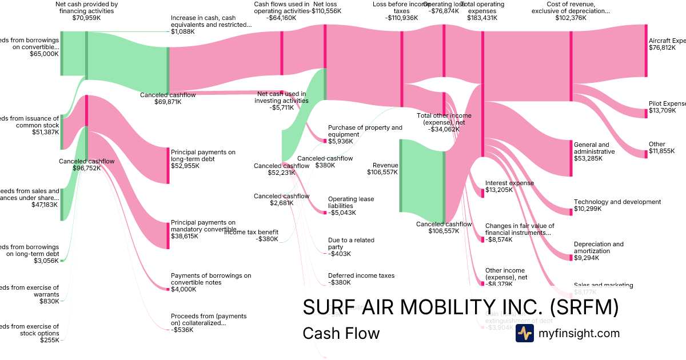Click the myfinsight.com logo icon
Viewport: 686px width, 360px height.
pos(524,333)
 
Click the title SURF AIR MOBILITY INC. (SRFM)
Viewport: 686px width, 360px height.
pos(460,307)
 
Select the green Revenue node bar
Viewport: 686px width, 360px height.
pos(401,175)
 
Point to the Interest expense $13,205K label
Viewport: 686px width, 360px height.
pos(509,187)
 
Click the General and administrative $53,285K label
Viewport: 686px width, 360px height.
pos(595,151)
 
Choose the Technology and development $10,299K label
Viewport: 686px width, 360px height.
pos(617,206)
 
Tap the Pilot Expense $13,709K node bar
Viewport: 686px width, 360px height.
pos(646,109)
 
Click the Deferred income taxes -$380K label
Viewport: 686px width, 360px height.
pos(361,279)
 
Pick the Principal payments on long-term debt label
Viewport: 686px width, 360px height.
pos(203,159)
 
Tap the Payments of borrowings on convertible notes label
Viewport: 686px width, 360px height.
pos(210,282)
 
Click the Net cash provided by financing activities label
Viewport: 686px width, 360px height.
pos(86,10)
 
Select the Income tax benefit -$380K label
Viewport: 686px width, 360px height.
pos(251,235)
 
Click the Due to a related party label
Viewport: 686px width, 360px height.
pos(351,247)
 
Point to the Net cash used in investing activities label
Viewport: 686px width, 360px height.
pos(281,101)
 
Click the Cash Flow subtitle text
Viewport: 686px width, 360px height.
pos(341,333)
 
